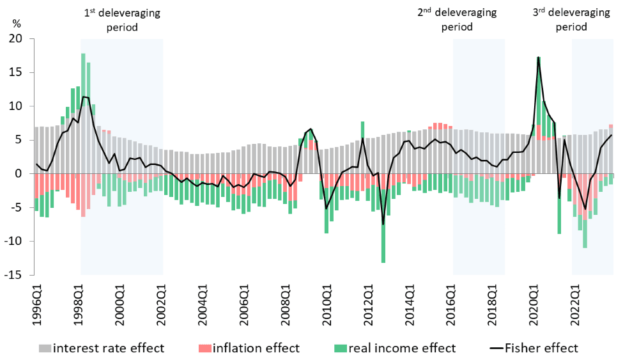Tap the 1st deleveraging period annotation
pyautogui.click(x=122, y=20)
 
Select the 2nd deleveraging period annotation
pyautogui.click(x=457, y=20)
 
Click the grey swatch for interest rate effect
pyautogui.click(x=45, y=348)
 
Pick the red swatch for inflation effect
pyautogui.click(x=204, y=348)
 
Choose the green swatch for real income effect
pyautogui.click(x=341, y=348)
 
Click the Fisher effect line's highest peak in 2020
pyautogui.click(x=539, y=58)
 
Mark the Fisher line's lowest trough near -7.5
pyautogui.click(x=383, y=224)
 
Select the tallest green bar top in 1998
pyautogui.click(x=83, y=54)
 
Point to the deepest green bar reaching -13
pyautogui.click(x=383, y=262)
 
